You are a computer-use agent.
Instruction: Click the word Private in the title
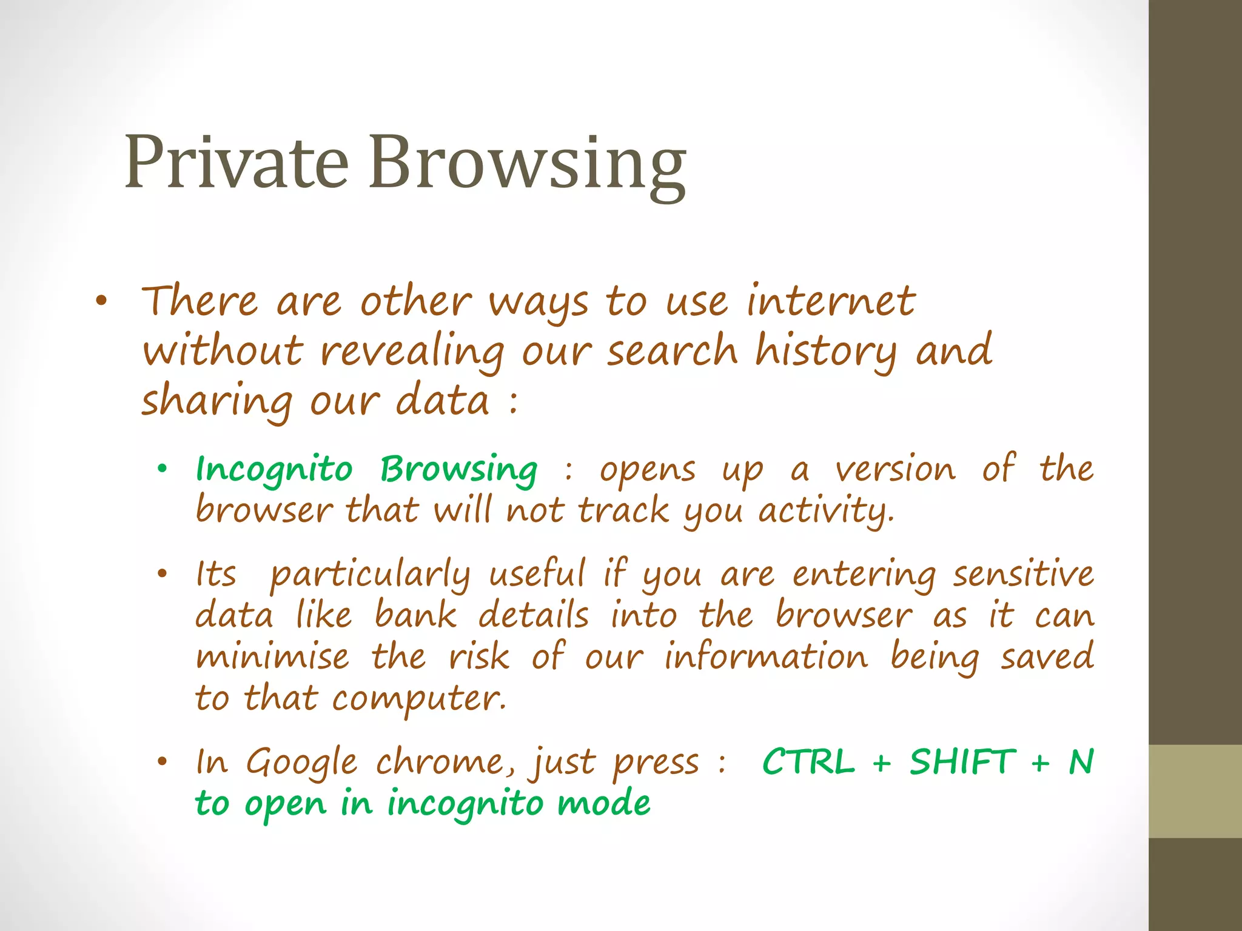[237, 162]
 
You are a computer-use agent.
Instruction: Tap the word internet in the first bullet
[830, 301]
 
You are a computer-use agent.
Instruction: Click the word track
[623, 510]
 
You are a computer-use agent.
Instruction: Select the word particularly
[370, 575]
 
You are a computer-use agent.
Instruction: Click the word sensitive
[1023, 573]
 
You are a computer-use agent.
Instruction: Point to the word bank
[415, 616]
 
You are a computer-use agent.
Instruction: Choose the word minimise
[272, 657]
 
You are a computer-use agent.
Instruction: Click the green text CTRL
[808, 762]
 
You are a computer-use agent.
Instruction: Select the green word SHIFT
[962, 762]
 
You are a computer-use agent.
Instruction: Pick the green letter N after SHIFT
[1081, 762]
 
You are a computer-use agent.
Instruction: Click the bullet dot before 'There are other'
[101, 301]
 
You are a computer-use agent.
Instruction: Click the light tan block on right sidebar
[1195, 791]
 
